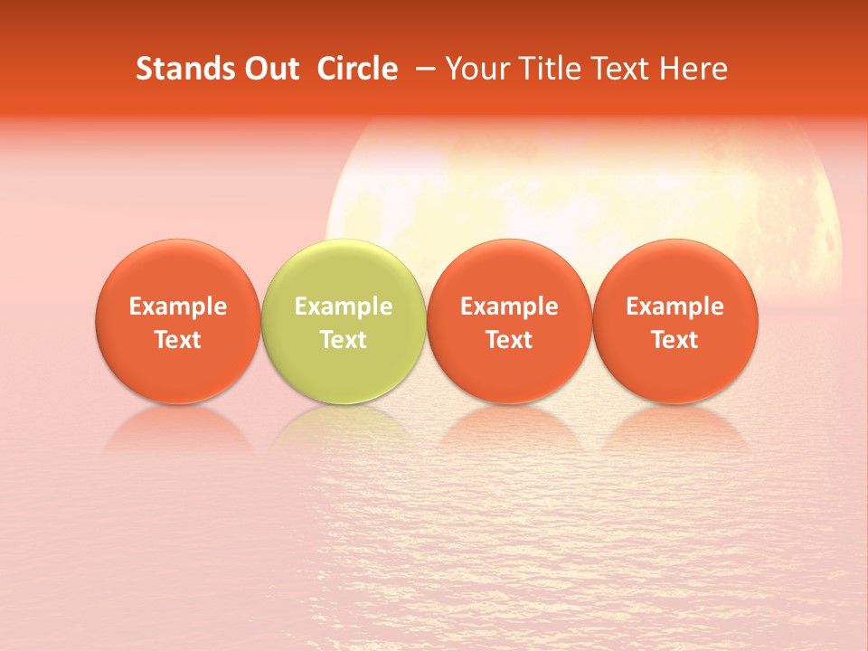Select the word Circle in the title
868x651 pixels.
tap(357, 69)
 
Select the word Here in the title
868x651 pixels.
tap(693, 69)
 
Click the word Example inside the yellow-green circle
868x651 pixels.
tap(344, 307)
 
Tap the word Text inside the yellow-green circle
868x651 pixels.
tap(344, 340)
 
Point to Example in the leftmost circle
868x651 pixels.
tap(177, 307)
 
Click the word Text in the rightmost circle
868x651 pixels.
tap(675, 340)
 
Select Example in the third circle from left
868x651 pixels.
tap(509, 307)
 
